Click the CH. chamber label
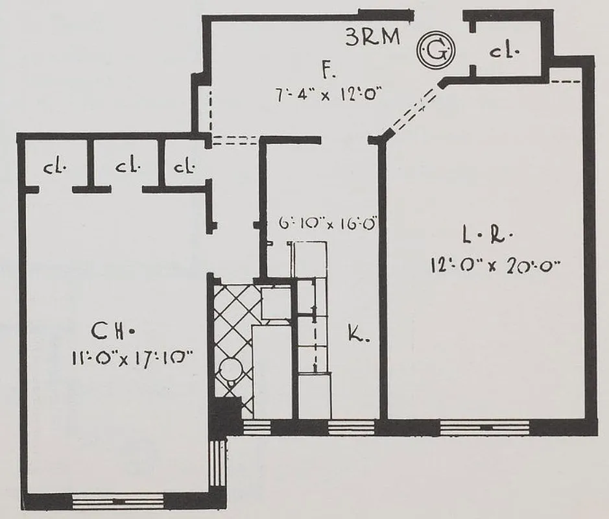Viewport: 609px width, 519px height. (112, 332)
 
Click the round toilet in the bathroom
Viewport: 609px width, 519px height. (228, 372)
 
